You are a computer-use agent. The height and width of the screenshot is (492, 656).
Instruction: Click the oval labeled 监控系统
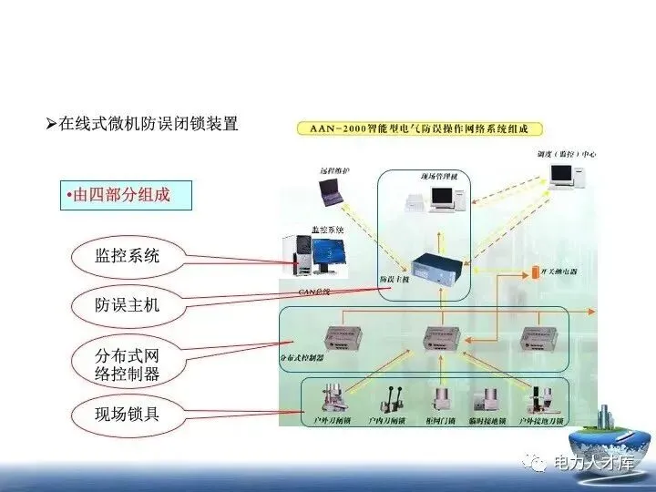coord(127,256)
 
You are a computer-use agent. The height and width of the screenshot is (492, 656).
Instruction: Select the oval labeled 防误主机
coord(127,304)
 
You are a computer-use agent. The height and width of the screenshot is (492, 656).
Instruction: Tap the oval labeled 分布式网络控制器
coord(127,362)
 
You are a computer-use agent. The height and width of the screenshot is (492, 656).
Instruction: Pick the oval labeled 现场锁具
coord(127,415)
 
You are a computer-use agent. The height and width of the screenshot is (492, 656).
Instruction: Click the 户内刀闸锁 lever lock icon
coord(386,401)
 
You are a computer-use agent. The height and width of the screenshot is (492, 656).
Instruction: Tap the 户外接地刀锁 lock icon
coord(544,401)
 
